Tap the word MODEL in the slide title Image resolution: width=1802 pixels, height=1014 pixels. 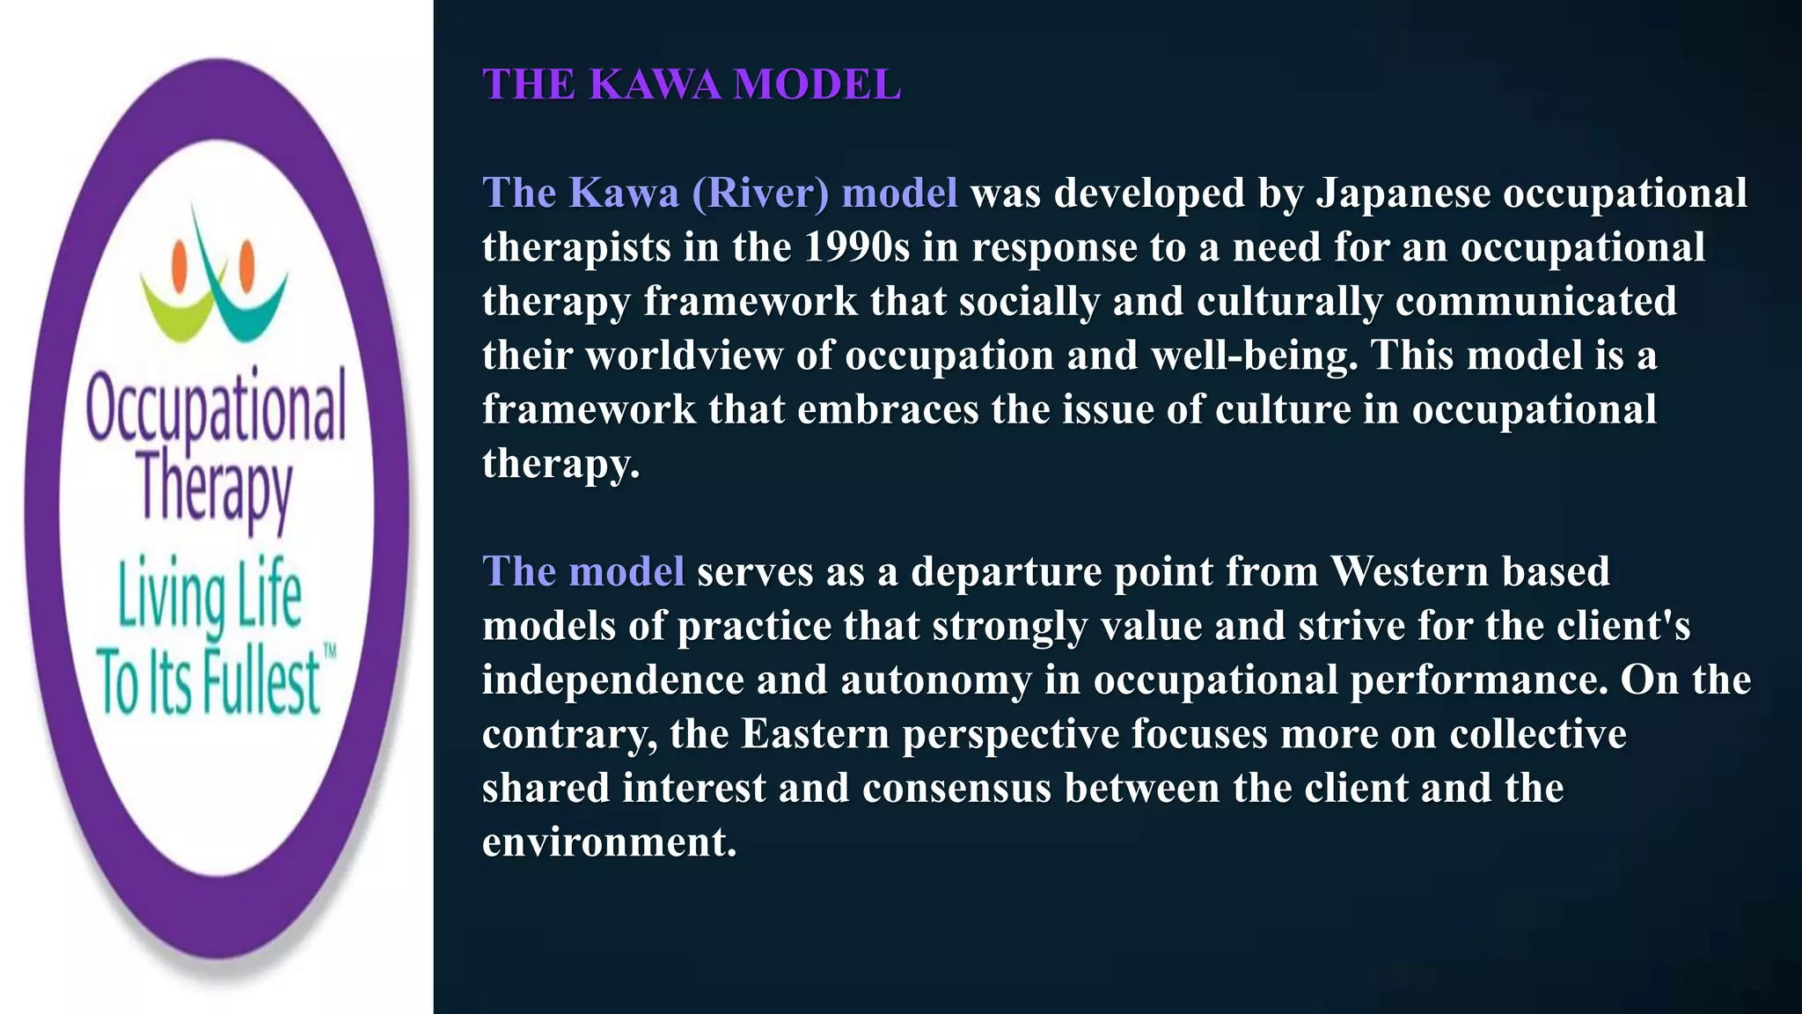(817, 84)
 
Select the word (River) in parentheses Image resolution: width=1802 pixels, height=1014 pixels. (760, 194)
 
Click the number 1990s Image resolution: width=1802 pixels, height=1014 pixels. (856, 247)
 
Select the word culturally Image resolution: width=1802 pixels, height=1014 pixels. (1248, 302)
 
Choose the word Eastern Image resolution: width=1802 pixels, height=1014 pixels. (815, 734)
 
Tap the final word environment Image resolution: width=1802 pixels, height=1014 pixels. (609, 842)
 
